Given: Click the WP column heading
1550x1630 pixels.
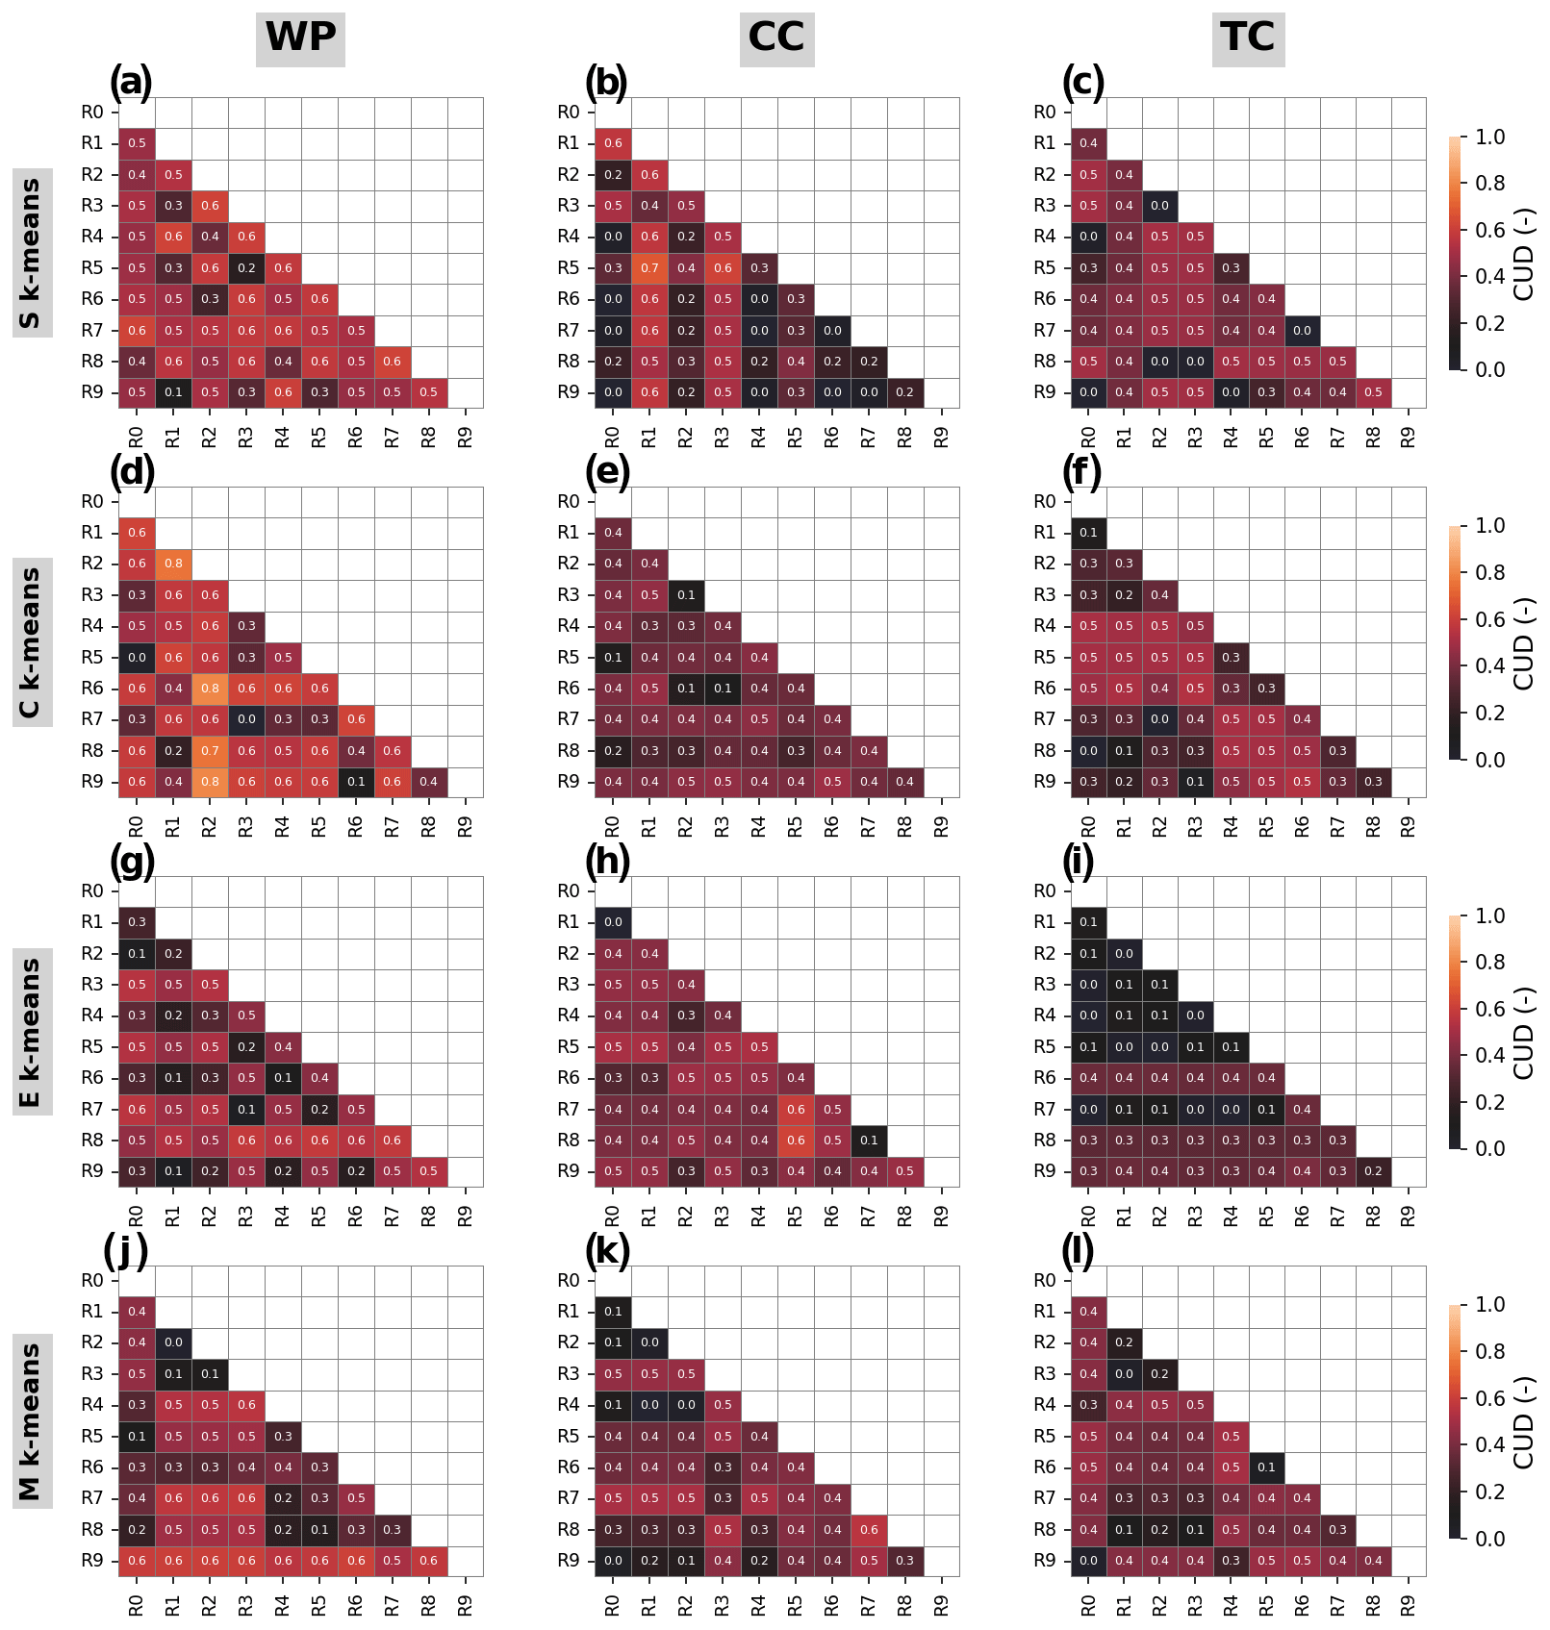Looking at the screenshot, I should (300, 38).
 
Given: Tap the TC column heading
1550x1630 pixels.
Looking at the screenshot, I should (1248, 38).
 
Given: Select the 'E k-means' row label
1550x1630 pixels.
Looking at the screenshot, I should (31, 1032).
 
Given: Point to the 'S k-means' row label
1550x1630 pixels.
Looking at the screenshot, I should (31, 253).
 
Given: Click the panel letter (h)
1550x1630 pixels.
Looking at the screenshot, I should (607, 862).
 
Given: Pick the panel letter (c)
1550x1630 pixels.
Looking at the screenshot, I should (1083, 83).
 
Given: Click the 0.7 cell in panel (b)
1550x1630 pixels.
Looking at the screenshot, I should (649, 268).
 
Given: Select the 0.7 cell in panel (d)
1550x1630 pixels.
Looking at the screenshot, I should (210, 751).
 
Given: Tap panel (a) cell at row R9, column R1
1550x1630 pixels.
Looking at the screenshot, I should (173, 392).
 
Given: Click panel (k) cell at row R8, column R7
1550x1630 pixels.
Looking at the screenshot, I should (869, 1530).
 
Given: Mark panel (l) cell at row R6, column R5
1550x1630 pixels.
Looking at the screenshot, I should (1266, 1467).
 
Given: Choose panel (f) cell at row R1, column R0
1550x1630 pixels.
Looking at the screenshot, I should (1088, 533).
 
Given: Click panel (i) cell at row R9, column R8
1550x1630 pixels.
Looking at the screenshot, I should (1373, 1171).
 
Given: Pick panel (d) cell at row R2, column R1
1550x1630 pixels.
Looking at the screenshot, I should (173, 564).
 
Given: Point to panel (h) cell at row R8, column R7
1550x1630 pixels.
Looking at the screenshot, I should (869, 1141).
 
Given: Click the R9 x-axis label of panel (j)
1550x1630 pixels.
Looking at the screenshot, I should (466, 1605).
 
